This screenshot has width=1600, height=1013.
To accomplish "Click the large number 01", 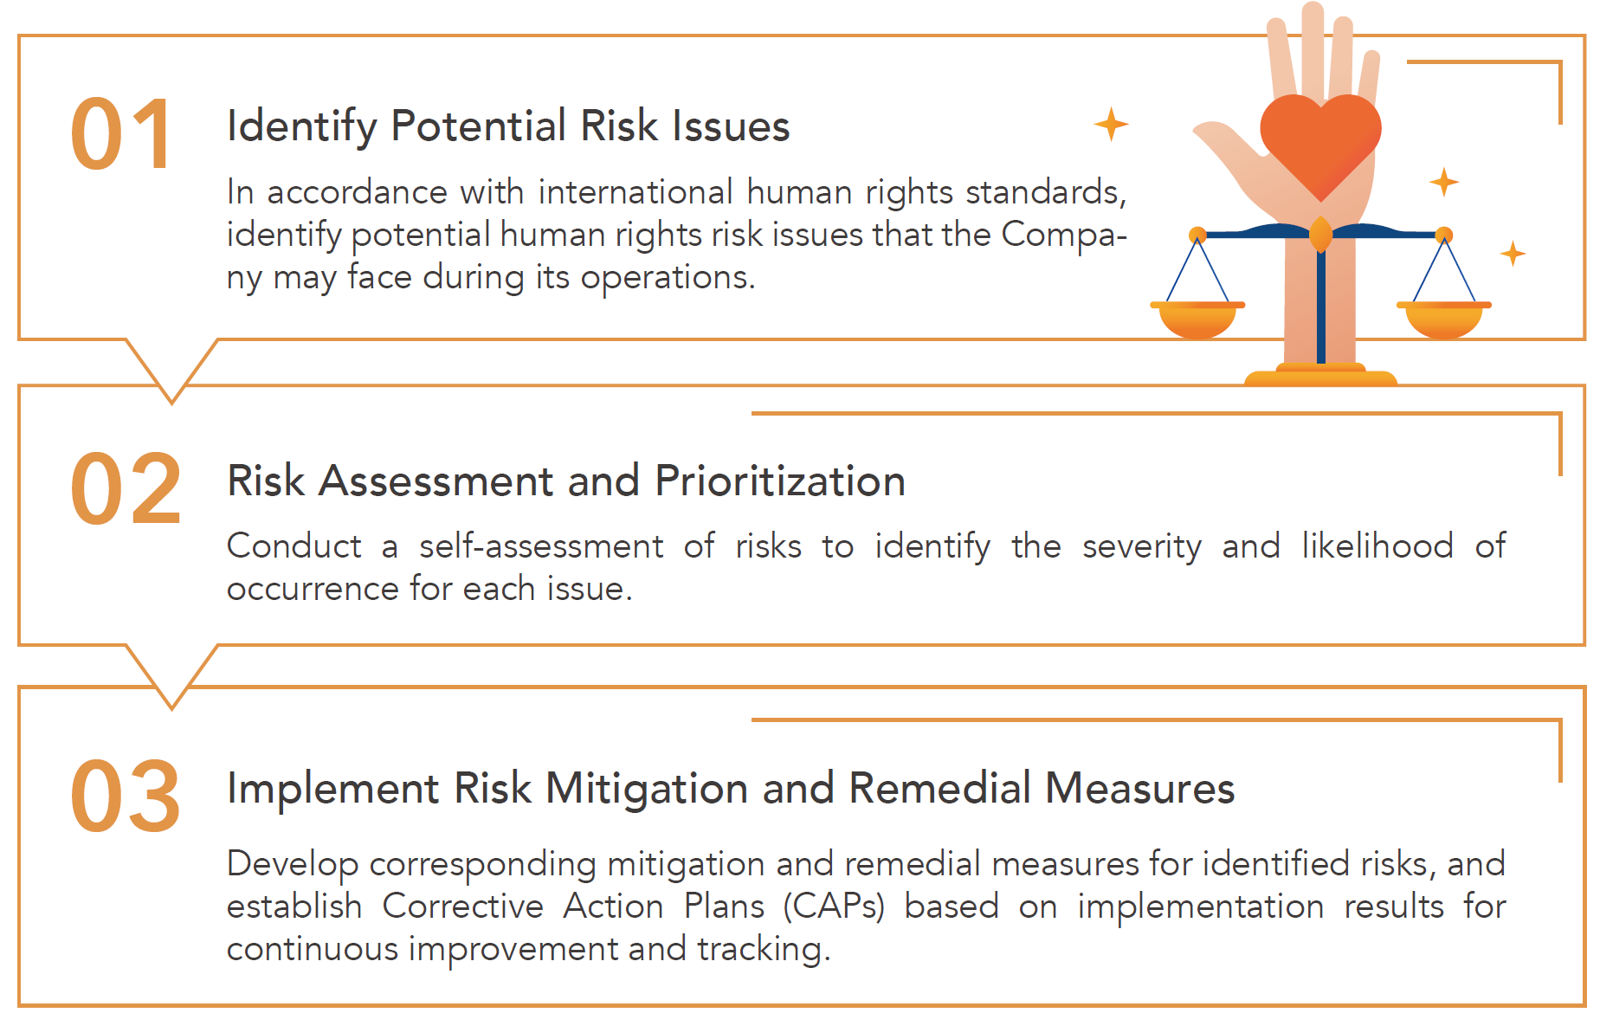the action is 121,133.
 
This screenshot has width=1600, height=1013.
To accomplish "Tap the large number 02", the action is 126,489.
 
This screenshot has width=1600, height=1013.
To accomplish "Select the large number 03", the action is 126,796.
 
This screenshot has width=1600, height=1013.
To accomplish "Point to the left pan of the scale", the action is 1197,319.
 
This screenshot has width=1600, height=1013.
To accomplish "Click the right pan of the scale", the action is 1443,319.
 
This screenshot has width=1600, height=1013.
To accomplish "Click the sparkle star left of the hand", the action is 1111,124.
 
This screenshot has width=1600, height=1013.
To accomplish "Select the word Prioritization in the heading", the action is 780,481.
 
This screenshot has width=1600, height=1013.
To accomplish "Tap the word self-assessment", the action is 541,546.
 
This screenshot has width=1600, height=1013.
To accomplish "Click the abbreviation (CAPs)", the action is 834,907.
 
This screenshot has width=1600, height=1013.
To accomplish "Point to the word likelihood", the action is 1377,545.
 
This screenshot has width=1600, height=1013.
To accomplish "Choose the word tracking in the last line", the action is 764,950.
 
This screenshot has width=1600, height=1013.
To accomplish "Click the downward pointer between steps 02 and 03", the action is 171,677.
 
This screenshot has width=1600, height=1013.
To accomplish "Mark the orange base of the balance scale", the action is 1320,376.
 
